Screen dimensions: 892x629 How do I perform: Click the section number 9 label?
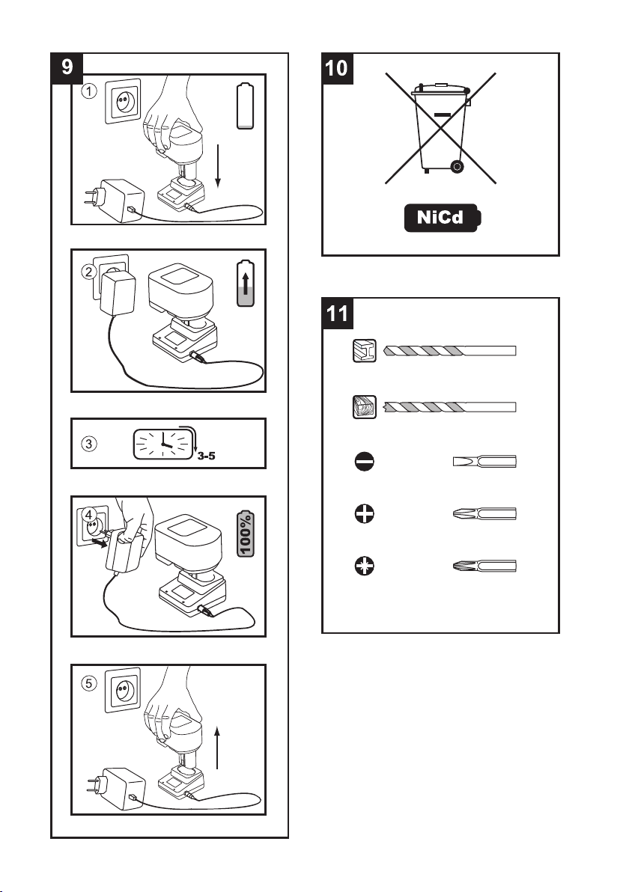(67, 67)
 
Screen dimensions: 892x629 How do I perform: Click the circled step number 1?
(90, 91)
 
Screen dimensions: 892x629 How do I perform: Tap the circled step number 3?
(89, 443)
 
